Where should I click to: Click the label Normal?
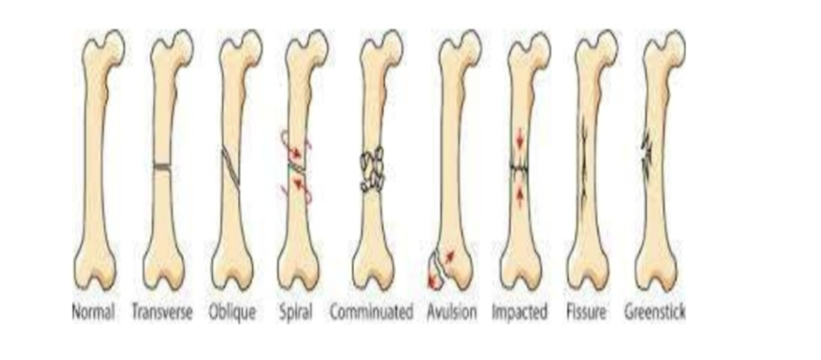pos(93,313)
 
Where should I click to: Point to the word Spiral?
pos(296,313)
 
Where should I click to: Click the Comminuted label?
pos(371,313)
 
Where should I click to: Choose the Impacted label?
pos(519,313)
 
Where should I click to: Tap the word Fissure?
pos(587,313)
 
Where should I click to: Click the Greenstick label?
pos(656,313)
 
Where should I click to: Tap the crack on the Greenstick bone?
pos(647,151)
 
